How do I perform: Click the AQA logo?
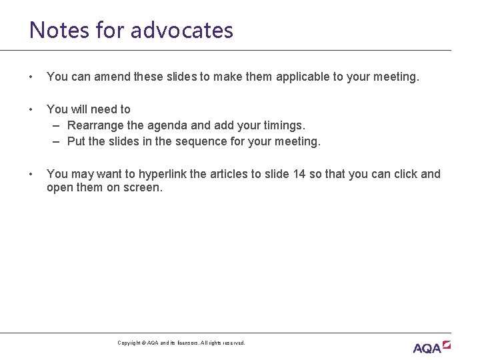(x=431, y=347)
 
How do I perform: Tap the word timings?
(x=283, y=125)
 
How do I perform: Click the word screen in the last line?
(x=142, y=187)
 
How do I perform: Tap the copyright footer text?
(x=181, y=343)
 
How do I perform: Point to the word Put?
(x=77, y=141)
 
